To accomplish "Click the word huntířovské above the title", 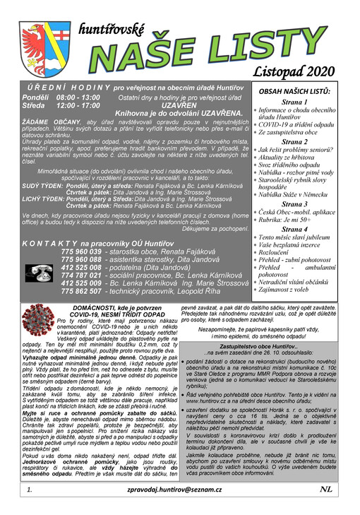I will click(112, 30).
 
